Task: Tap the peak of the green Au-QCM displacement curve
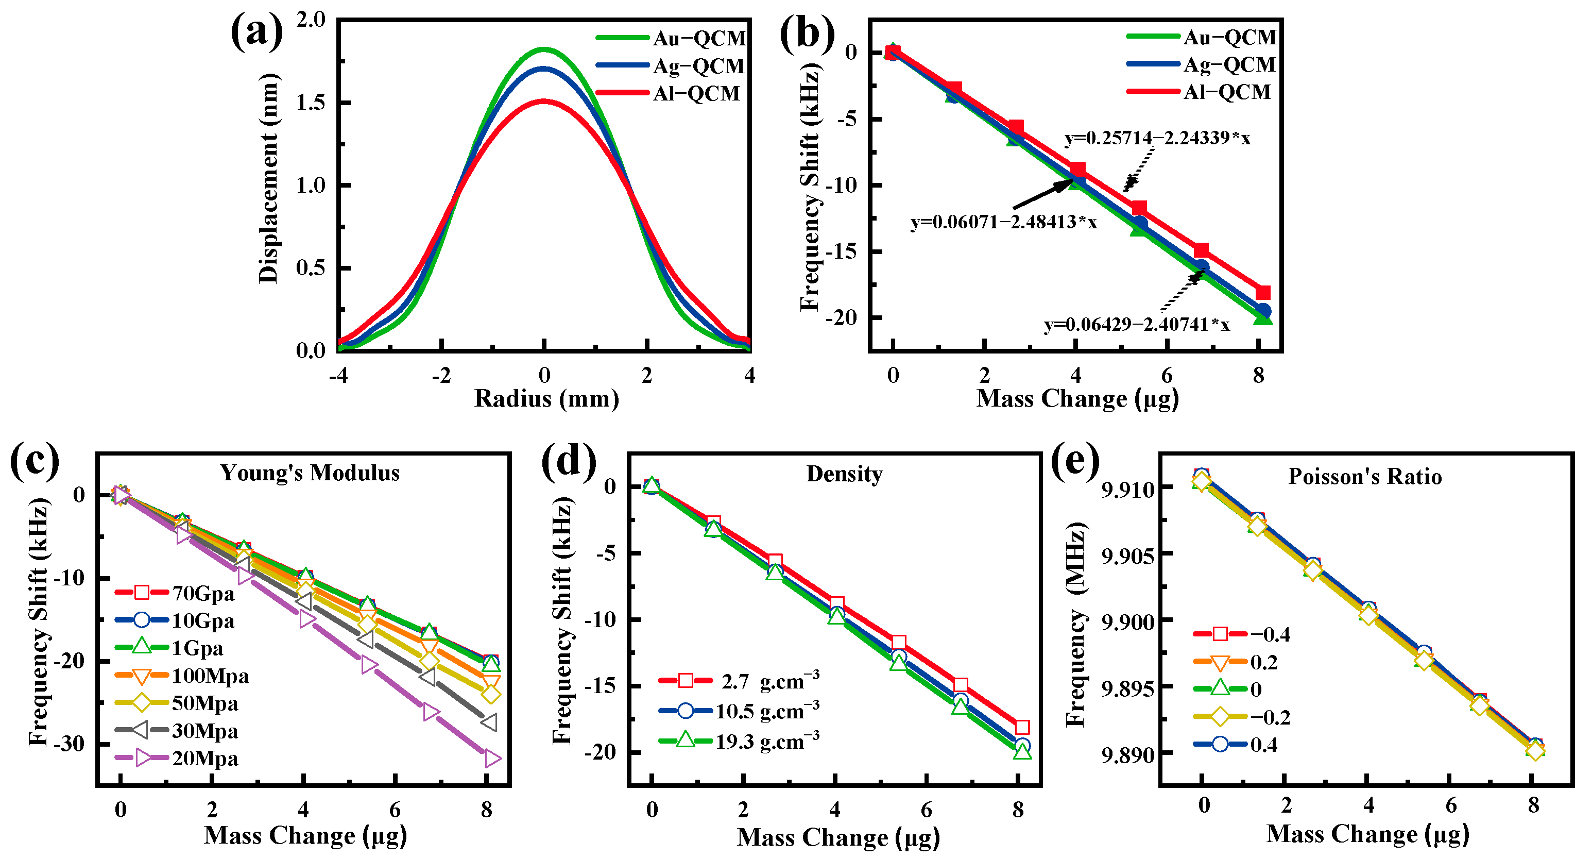(x=544, y=49)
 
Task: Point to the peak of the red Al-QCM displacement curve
(x=544, y=101)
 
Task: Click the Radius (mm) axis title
(x=546, y=399)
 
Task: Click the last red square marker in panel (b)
(x=1262, y=292)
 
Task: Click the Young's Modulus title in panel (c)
(x=310, y=473)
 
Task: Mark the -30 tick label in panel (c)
(x=69, y=744)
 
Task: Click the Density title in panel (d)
(x=844, y=474)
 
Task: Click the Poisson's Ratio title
(x=1364, y=477)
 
